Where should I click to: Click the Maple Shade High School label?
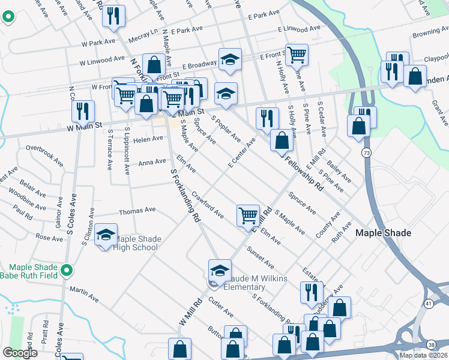coord(138,243)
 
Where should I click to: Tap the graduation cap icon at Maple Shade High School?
coord(106,235)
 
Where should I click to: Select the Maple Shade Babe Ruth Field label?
coord(35,271)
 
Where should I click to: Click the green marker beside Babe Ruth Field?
coord(68,271)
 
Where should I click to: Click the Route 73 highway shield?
coord(366,154)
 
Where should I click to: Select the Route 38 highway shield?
coord(432,345)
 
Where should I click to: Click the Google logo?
coord(20,353)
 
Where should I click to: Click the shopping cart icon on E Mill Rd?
coord(248,214)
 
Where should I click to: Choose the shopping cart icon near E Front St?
coord(297,55)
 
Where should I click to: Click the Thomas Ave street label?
coord(137,211)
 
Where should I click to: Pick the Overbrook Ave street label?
coord(44,154)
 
